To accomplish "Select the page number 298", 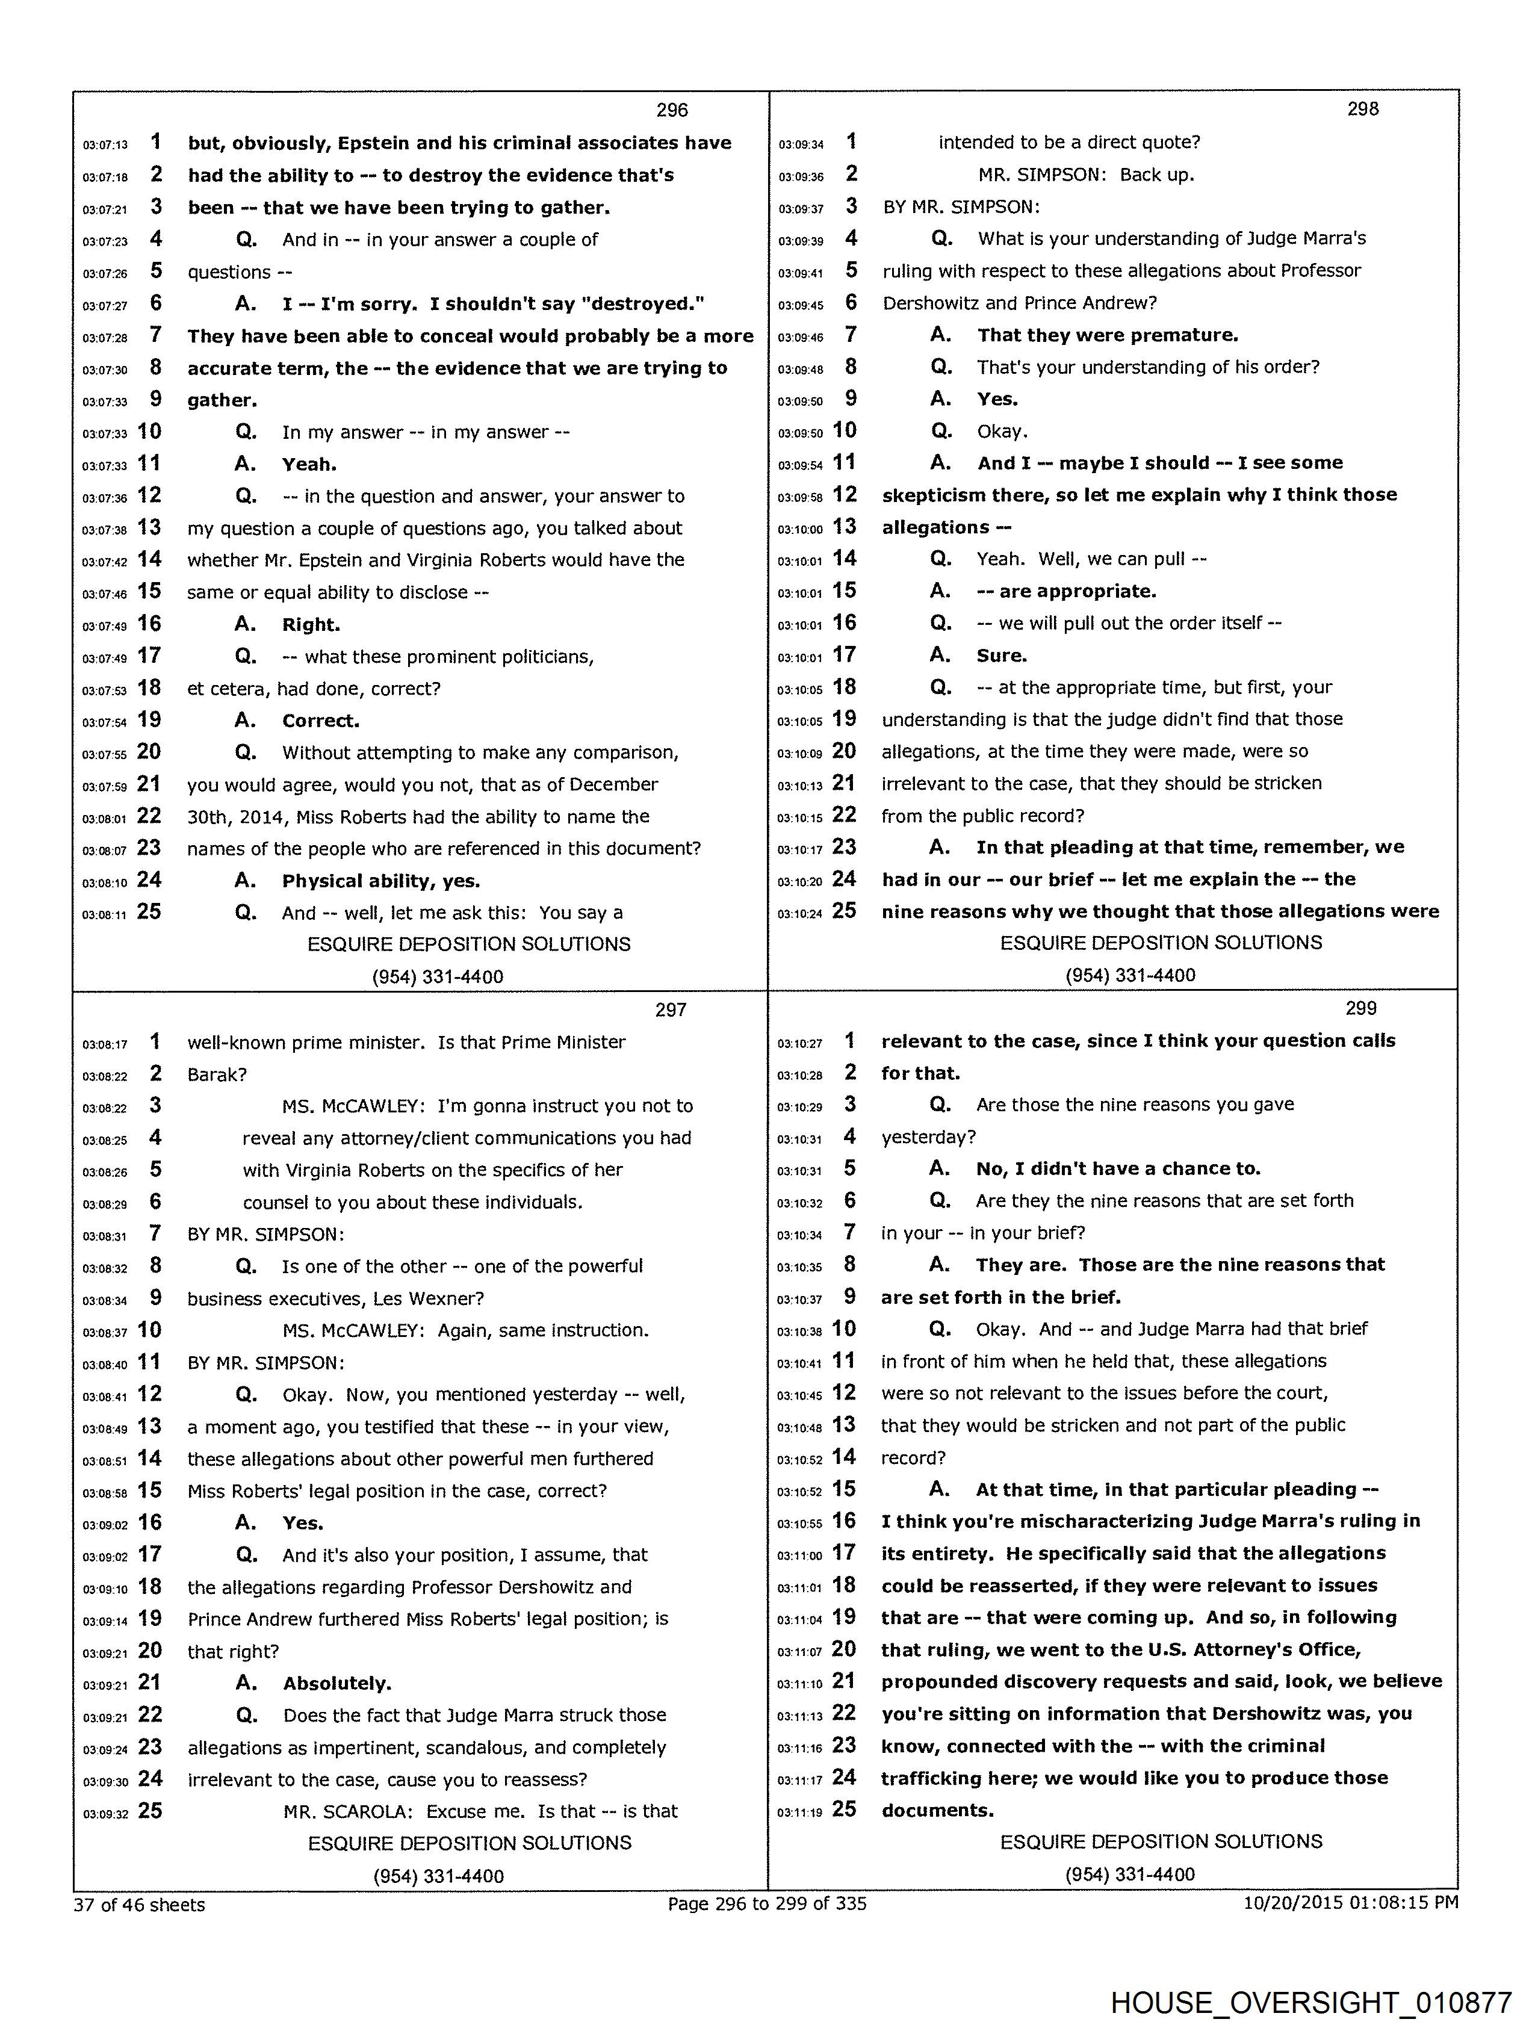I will coord(1363,108).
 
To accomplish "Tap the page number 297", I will coord(671,1009).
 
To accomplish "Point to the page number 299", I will coord(1361,1008).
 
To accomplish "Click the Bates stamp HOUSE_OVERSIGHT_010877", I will coord(1310,2002).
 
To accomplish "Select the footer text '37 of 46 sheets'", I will coord(140,1904).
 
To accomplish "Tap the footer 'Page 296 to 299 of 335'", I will coord(766,1903).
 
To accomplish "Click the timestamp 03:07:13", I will coord(105,145).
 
